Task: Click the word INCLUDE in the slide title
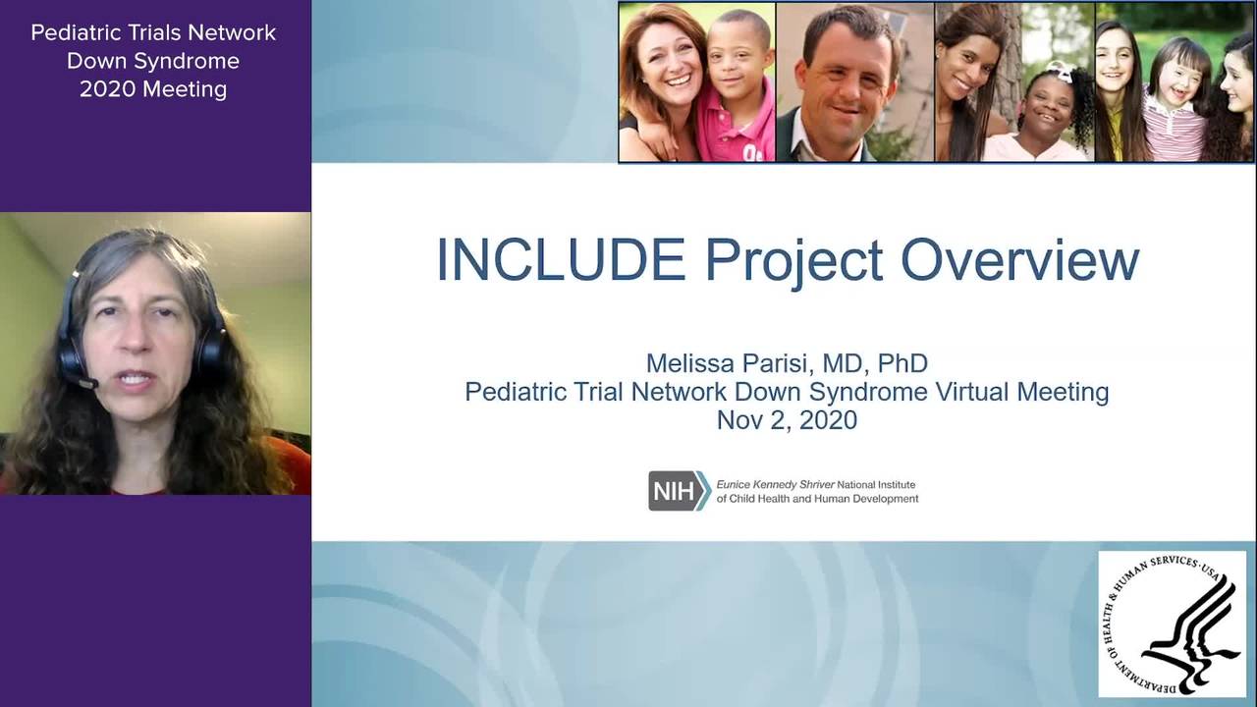[x=561, y=260]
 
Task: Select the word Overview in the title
[x=1020, y=260]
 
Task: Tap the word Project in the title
[x=794, y=262]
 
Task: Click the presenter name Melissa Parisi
[x=729, y=363]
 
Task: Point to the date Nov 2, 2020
[x=787, y=420]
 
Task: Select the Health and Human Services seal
[x=1172, y=624]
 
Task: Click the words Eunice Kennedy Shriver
[x=775, y=485]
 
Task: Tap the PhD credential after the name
[x=902, y=363]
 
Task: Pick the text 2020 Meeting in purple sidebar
[x=153, y=89]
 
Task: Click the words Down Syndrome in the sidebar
[x=153, y=61]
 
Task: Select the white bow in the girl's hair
[x=1060, y=72]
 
